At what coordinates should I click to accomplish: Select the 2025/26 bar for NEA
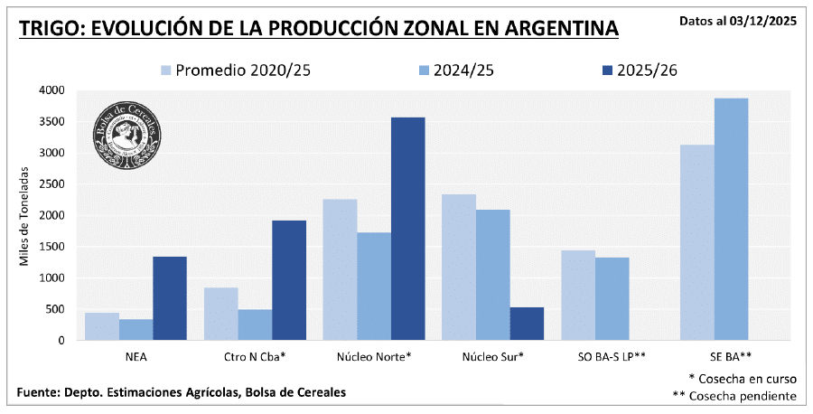[x=170, y=298]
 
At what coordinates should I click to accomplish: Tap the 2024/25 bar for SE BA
[x=731, y=219]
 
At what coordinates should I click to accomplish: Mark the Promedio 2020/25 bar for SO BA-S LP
[x=577, y=296]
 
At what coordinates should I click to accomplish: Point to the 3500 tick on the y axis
[x=52, y=121]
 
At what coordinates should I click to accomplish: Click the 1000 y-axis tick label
[x=52, y=278]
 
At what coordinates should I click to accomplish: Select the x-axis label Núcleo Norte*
[x=374, y=356]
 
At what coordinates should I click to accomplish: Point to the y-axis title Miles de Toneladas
[x=24, y=215]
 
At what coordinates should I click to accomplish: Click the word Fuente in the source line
[x=40, y=391]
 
